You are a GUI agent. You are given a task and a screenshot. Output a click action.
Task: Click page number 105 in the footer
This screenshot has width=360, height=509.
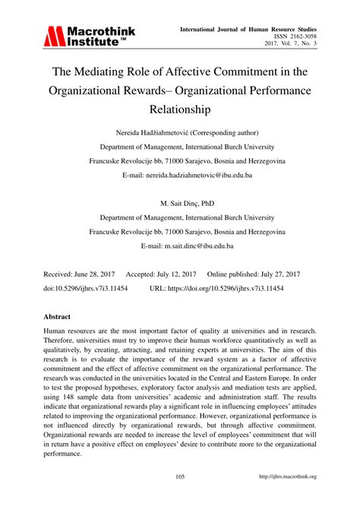pyautogui.click(x=180, y=498)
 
